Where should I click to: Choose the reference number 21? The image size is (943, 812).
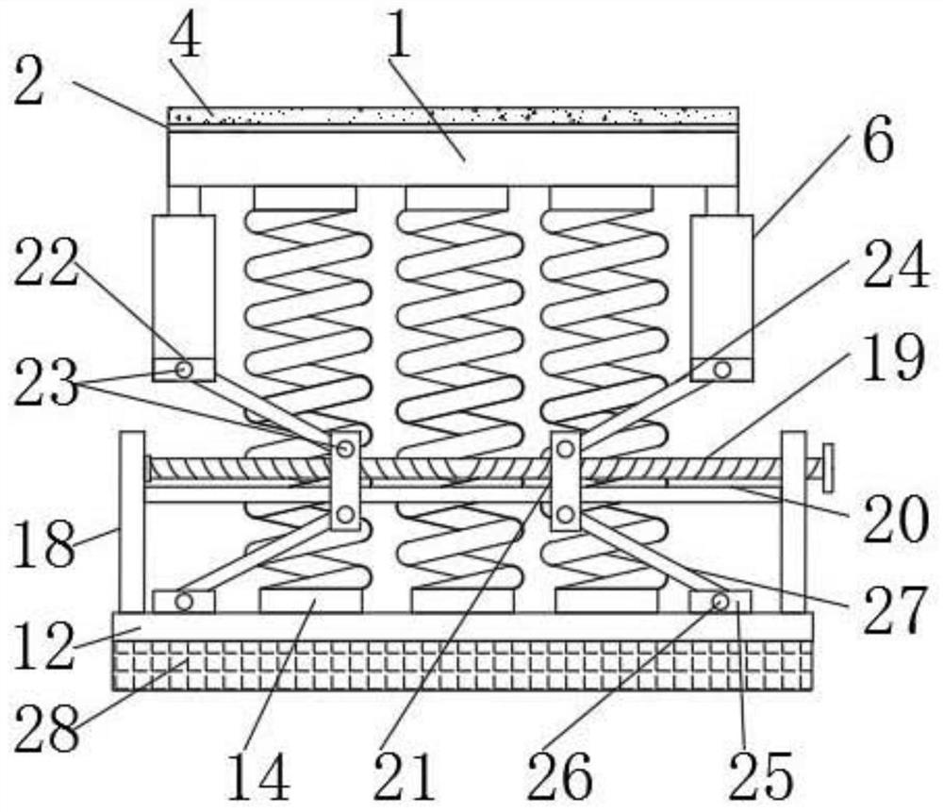tap(405, 779)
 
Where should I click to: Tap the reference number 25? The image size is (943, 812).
tap(760, 779)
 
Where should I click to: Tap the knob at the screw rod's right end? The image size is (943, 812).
tap(827, 468)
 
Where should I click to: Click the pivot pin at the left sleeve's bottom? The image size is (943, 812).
tap(184, 370)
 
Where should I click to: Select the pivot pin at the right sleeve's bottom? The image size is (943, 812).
tap(721, 370)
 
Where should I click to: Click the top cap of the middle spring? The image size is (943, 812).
tap(456, 197)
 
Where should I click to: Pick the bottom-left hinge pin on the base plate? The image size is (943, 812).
tap(184, 601)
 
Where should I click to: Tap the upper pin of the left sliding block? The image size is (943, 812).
tap(345, 449)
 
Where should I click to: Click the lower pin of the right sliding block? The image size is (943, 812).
tap(565, 514)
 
